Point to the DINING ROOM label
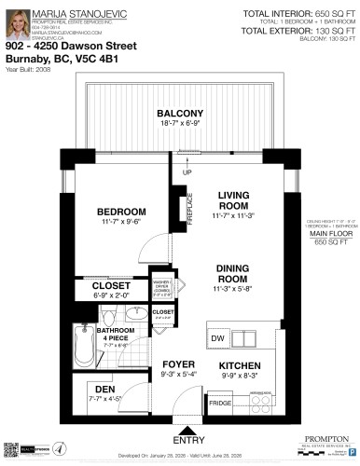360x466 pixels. (232, 273)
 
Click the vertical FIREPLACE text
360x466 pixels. (189, 206)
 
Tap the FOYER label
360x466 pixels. (177, 364)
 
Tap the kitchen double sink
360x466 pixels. (249, 336)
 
